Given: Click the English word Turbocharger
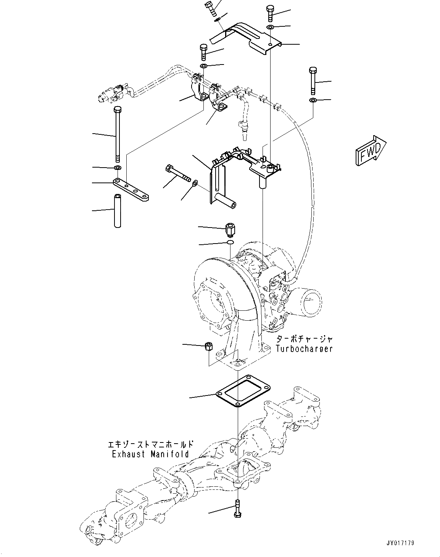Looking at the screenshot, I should (x=304, y=349).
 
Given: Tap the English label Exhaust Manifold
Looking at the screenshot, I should (x=150, y=454).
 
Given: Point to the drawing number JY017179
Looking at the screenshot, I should (x=397, y=543).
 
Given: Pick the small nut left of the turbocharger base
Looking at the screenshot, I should (x=208, y=346).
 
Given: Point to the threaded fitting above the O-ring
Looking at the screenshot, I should (x=230, y=229).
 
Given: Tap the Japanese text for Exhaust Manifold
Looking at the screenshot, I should (x=150, y=444).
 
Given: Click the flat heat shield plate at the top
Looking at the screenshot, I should (x=248, y=37).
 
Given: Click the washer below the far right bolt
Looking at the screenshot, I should (x=313, y=100).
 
